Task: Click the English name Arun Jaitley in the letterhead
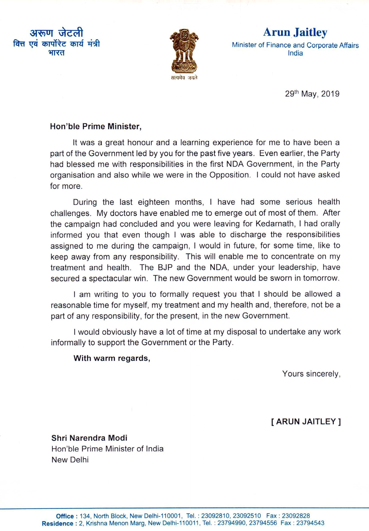(x=295, y=32)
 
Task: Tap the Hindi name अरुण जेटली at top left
(x=56, y=33)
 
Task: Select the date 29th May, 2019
(x=312, y=94)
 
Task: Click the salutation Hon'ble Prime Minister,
(x=96, y=126)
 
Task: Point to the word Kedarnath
(x=274, y=224)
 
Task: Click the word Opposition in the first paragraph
(x=229, y=175)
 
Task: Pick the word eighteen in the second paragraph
(x=154, y=202)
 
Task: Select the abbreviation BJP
(x=165, y=267)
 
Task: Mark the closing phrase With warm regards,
(x=112, y=358)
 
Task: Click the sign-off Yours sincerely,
(x=311, y=374)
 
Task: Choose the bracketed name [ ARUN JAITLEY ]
(x=306, y=421)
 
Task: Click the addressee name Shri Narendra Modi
(x=89, y=438)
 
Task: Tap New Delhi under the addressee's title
(x=70, y=460)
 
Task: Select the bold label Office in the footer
(x=65, y=516)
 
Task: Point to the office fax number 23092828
(x=296, y=516)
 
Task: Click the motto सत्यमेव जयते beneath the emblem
(x=184, y=78)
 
